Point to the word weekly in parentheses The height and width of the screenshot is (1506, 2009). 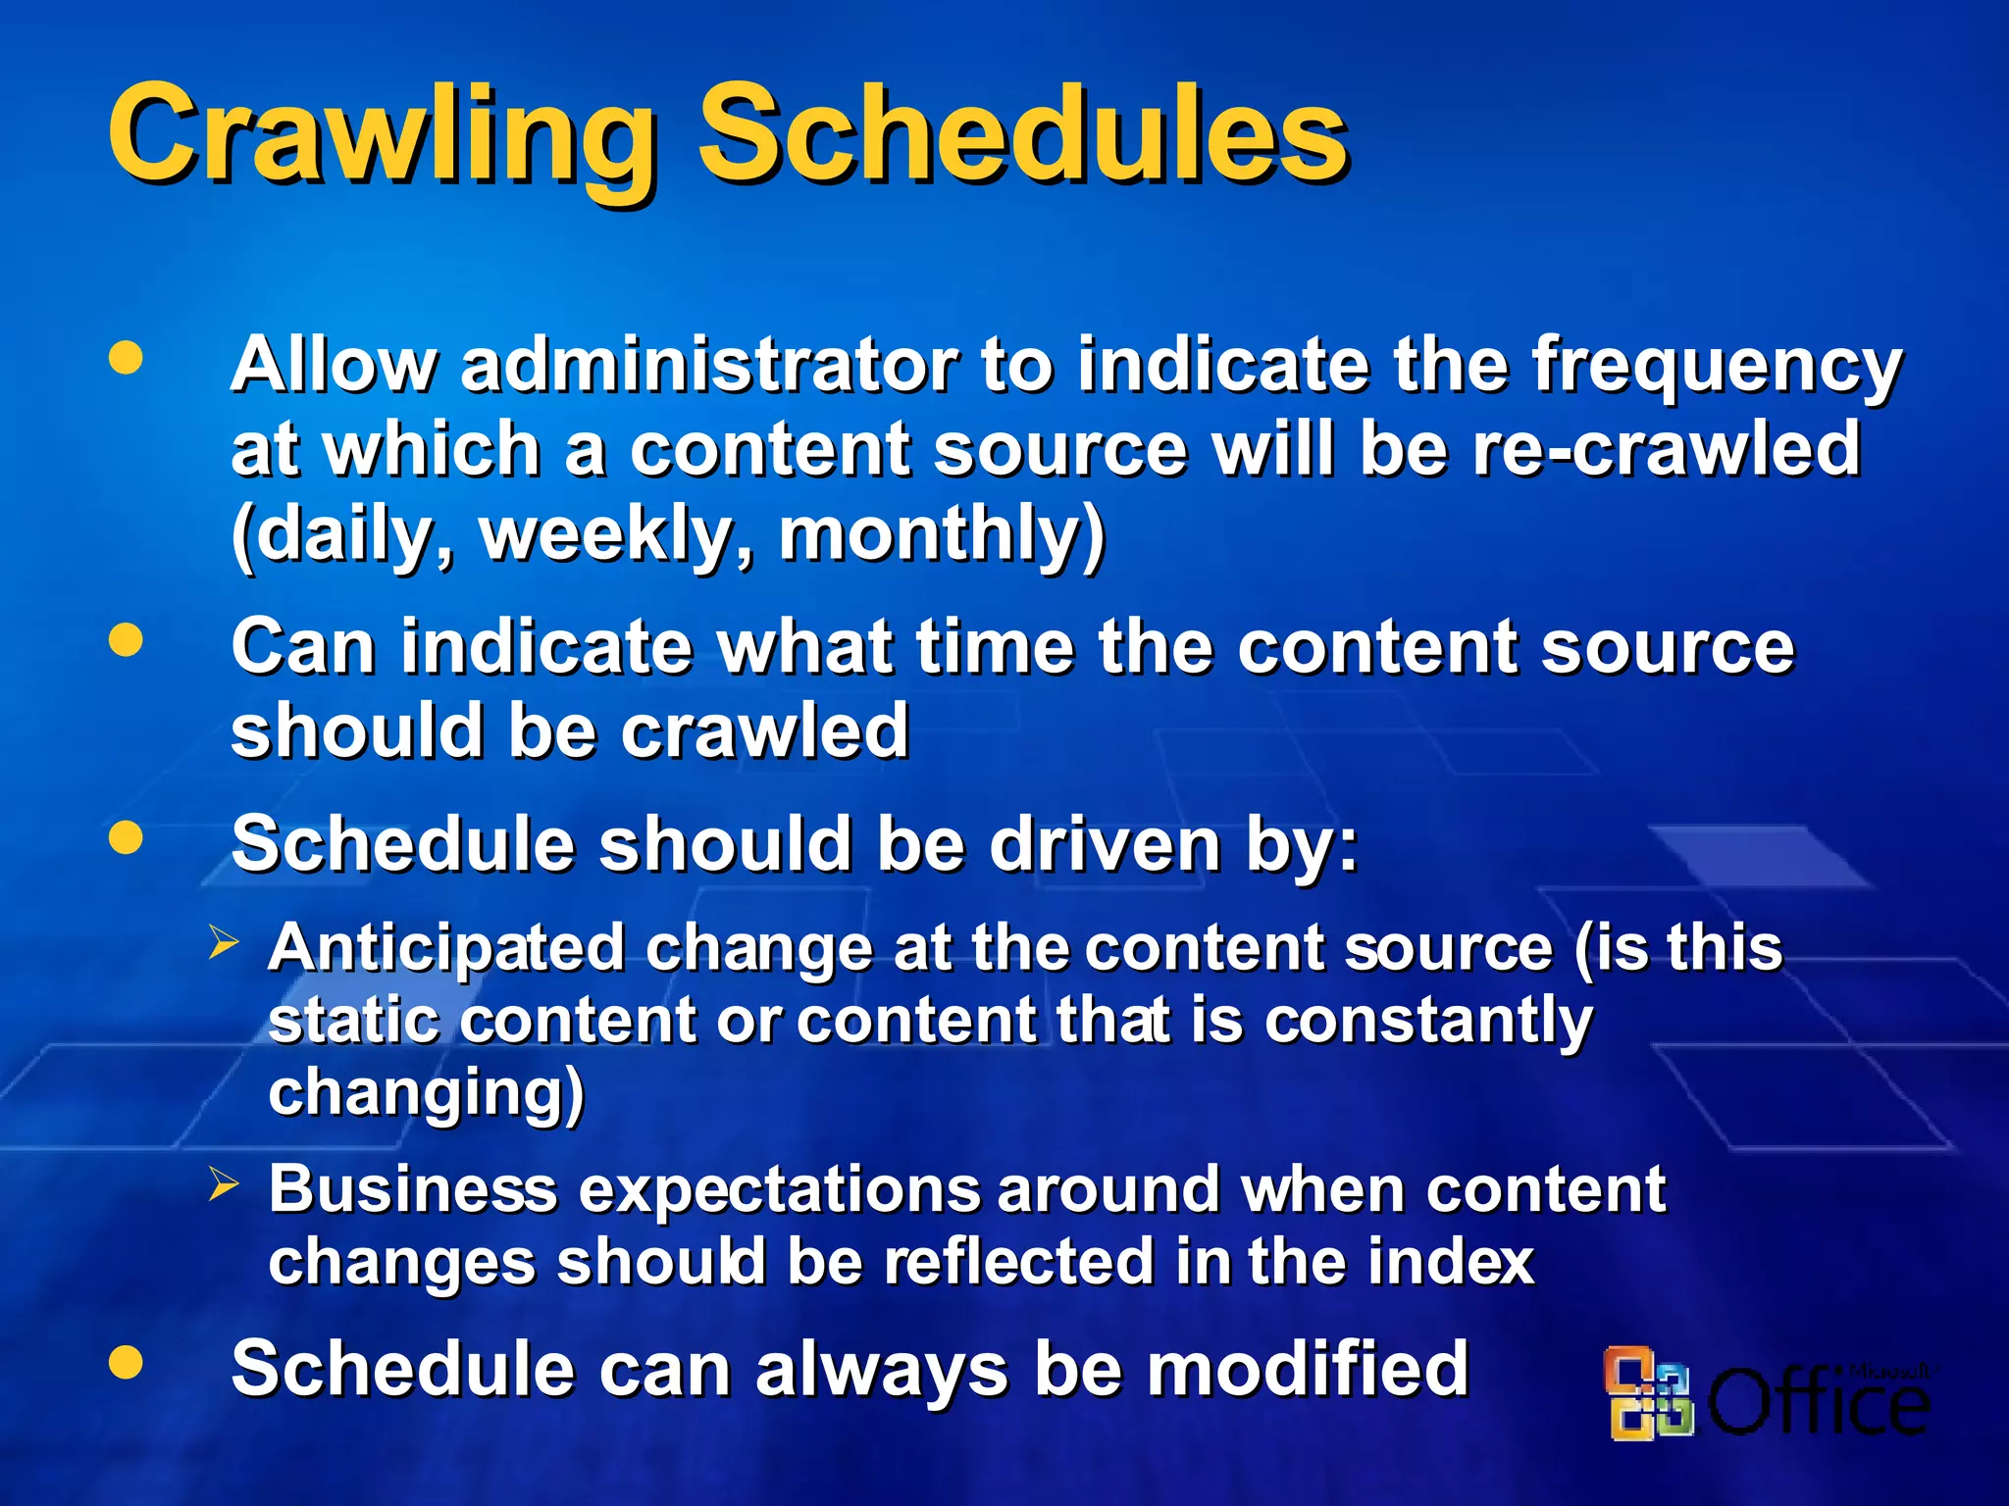point(616,535)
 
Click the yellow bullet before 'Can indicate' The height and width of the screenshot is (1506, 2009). point(126,641)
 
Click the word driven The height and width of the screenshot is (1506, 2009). point(1105,844)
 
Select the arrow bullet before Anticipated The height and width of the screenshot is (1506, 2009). point(224,943)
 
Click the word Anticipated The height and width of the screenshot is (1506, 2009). point(446,949)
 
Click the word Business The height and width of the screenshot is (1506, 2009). point(413,1189)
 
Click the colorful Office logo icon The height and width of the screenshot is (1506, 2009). point(1648,1393)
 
